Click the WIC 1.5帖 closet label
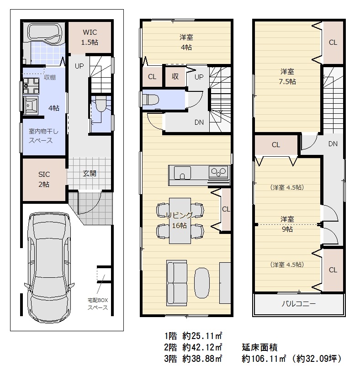tap(90, 37)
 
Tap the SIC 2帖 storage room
tap(44, 180)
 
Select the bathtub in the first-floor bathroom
tap(45, 33)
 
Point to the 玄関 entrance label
tap(90, 174)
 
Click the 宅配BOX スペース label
tap(98, 304)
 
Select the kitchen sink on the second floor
tap(182, 173)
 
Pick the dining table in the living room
tap(180, 221)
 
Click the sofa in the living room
tap(177, 283)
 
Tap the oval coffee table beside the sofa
tap(202, 283)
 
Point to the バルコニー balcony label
tap(299, 303)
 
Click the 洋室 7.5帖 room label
tap(287, 76)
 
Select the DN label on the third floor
tap(333, 143)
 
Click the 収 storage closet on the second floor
tap(175, 76)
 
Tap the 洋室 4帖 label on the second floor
tap(186, 42)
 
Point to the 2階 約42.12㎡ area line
tap(193, 347)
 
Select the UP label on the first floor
tap(79, 66)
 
